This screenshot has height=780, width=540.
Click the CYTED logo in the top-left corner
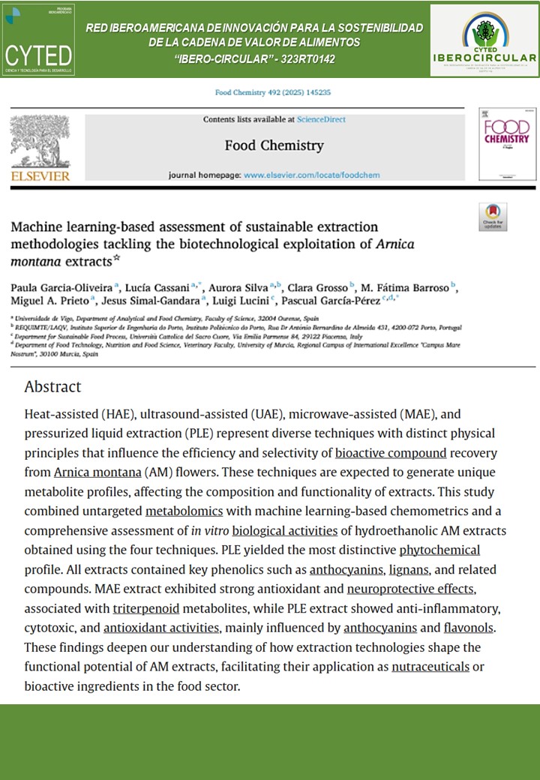coord(39,39)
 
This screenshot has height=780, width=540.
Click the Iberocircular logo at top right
coord(484,40)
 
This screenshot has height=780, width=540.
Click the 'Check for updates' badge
coord(493,217)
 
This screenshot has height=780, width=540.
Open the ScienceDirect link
coord(321,119)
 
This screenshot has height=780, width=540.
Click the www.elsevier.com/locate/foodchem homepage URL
coord(312,175)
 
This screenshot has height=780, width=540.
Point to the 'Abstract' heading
coord(52,387)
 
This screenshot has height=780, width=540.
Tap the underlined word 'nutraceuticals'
coord(430,666)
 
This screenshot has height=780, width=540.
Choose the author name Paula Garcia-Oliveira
coord(60,289)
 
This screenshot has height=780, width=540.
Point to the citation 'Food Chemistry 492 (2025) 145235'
coord(272,93)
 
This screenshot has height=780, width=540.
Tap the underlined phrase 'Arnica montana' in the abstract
coord(97,472)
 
